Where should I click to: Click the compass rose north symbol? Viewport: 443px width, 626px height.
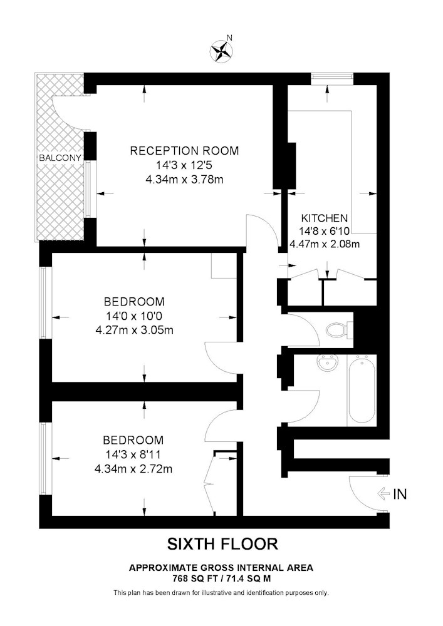pos(221,51)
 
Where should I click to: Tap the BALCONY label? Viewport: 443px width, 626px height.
pos(60,158)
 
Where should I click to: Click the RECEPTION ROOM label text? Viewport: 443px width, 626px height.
pos(185,150)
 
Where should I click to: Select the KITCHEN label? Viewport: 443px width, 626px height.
pos(325,218)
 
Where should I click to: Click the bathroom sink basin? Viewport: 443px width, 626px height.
pos(328,363)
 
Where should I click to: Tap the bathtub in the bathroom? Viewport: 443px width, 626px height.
pos(362,389)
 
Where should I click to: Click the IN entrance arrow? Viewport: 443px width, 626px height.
pos(383,494)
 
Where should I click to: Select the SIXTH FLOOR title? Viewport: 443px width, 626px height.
pos(222,544)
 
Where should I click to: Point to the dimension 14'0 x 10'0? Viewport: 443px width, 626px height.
pos(134,316)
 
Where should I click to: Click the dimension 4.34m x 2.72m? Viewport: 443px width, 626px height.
pos(133,469)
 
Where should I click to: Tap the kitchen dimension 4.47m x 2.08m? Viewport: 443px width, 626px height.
pos(325,244)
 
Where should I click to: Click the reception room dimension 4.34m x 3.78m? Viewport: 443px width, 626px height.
pos(185,179)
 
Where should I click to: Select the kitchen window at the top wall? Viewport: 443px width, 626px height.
pos(332,79)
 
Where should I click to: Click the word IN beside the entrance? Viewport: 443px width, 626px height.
pos(400,495)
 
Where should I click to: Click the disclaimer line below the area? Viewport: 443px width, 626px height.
pos(221,593)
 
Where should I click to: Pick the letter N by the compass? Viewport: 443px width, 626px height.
pos(229,38)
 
